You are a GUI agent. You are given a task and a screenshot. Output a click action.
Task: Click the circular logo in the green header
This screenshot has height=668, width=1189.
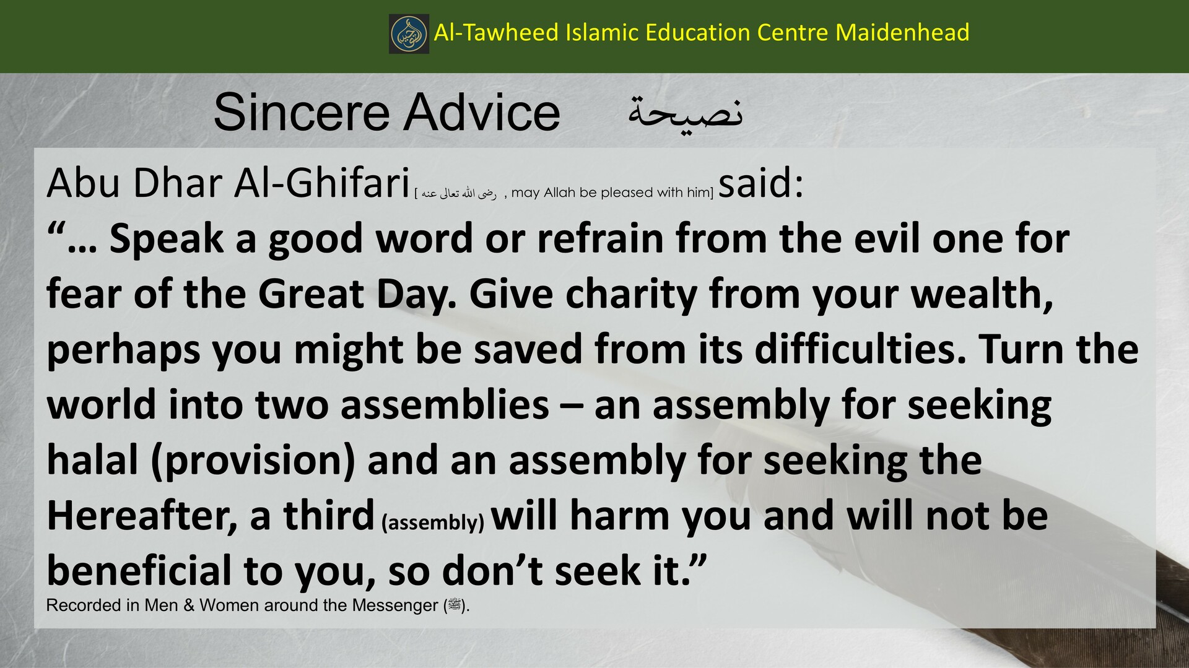click(x=409, y=33)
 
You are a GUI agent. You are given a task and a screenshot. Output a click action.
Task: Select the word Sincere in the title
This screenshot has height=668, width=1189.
click(x=299, y=113)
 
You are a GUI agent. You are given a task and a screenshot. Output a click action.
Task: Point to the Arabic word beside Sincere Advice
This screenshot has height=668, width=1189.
click(x=685, y=114)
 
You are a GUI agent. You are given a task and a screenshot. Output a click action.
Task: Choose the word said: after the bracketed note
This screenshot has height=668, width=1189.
click(x=760, y=183)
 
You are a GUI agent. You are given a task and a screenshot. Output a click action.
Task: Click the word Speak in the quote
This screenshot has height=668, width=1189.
click(x=166, y=239)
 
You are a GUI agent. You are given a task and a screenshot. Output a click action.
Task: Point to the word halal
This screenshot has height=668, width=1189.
click(x=92, y=460)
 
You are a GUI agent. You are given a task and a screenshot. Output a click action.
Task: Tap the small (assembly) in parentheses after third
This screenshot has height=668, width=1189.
click(x=433, y=523)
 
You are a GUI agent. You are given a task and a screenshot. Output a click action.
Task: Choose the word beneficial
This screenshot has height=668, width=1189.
click(x=139, y=571)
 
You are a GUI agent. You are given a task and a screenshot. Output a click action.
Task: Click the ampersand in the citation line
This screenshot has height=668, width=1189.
click(x=189, y=605)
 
